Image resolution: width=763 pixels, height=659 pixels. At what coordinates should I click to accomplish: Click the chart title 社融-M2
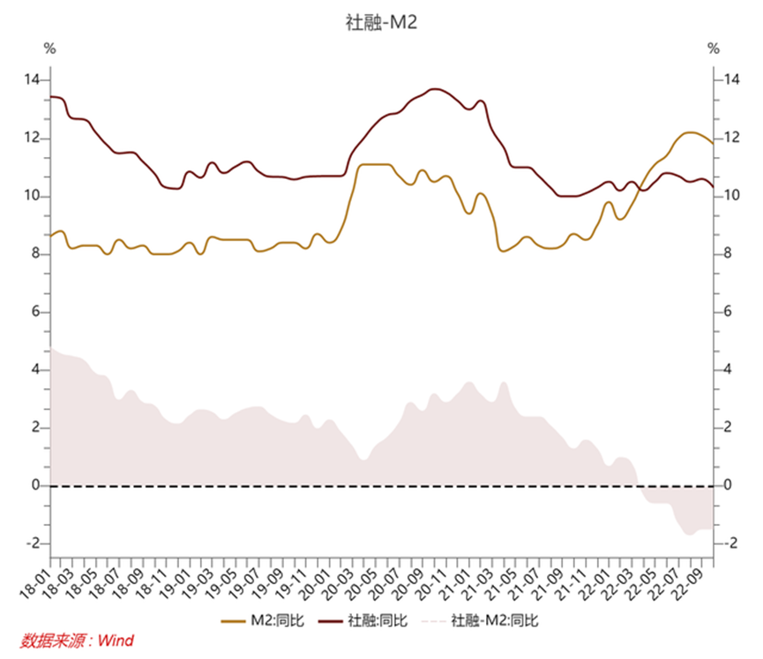(x=382, y=23)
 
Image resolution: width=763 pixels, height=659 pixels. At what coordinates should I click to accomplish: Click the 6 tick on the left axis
(x=35, y=312)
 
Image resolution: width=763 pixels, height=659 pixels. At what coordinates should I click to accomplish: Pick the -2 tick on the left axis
(x=33, y=543)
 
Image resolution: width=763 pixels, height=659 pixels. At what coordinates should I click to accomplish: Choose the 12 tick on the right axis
(x=730, y=139)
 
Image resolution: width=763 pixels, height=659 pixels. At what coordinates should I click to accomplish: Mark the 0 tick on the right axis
(x=728, y=485)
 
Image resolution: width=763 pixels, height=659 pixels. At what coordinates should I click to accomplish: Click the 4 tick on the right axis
(x=728, y=370)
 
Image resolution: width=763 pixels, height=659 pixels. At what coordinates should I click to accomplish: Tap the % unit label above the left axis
(x=49, y=49)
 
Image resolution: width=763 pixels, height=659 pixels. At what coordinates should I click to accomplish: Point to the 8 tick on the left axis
(x=35, y=254)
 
